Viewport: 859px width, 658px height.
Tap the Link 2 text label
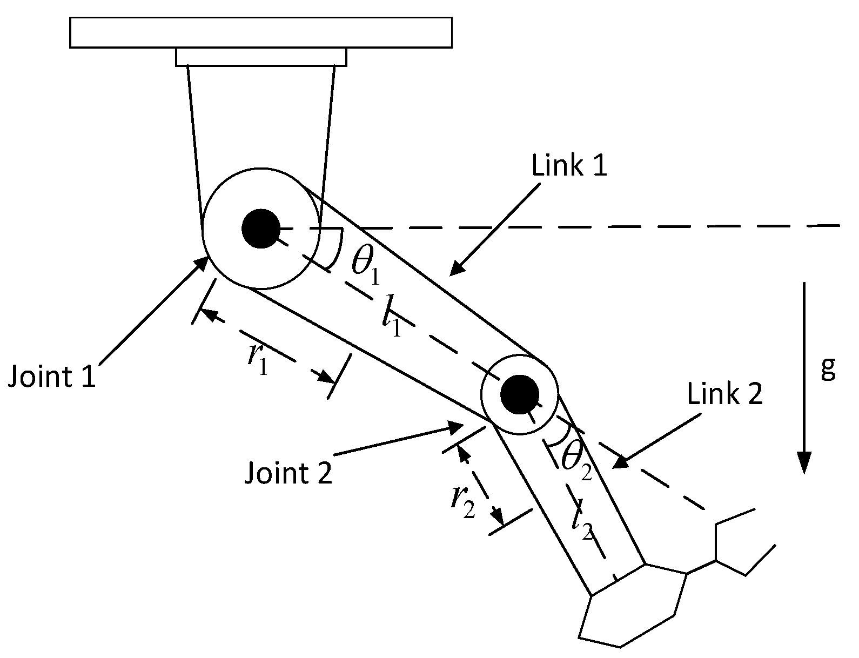click(x=724, y=394)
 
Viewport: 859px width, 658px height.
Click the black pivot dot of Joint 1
click(x=260, y=229)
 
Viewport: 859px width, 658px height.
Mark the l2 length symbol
click(x=583, y=520)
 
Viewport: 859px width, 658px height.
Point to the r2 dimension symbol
click(x=462, y=503)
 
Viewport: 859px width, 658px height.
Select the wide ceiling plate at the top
click(x=260, y=32)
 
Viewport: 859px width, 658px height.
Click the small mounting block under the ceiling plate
click(x=260, y=57)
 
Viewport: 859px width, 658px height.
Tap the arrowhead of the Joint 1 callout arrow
click(x=204, y=261)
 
